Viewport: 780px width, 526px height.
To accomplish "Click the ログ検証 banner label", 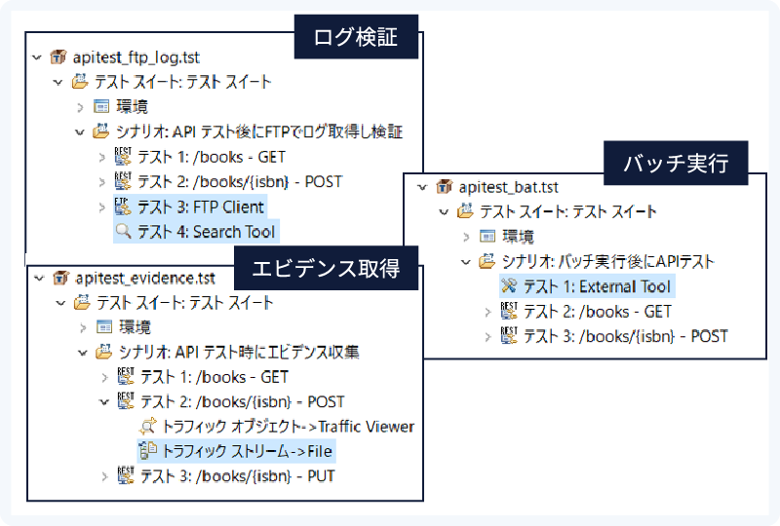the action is tap(356, 37).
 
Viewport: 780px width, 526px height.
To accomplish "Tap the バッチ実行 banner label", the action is tap(676, 163).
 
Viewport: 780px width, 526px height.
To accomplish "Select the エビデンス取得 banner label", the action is tap(326, 269).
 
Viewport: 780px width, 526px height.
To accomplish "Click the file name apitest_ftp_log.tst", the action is tap(136, 57).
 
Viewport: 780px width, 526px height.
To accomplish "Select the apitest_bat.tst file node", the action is tap(508, 187).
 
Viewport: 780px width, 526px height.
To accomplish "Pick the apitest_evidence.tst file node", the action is tap(145, 279).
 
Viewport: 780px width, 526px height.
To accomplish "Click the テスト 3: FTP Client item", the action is tap(201, 207).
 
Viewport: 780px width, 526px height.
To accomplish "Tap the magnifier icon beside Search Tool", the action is tap(124, 231).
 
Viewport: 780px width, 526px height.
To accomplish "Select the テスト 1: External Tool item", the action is tap(597, 286).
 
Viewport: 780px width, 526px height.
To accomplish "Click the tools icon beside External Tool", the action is tap(509, 285).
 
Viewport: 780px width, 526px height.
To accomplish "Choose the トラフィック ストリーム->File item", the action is tap(248, 451).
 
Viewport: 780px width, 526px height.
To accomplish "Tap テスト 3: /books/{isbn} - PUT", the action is tap(237, 476).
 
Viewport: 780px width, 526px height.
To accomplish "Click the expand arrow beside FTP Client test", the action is tap(102, 207).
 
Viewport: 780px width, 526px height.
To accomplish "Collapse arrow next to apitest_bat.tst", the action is tap(422, 187).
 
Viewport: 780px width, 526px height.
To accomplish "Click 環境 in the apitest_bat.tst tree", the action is tap(518, 236).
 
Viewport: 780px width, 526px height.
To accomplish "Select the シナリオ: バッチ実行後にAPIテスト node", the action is tap(607, 261).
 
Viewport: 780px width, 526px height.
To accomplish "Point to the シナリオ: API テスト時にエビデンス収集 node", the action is tap(239, 353).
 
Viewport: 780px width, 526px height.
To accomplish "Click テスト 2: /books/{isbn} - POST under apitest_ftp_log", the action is tap(240, 182).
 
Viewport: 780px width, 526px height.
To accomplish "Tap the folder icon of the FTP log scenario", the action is tap(101, 131).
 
